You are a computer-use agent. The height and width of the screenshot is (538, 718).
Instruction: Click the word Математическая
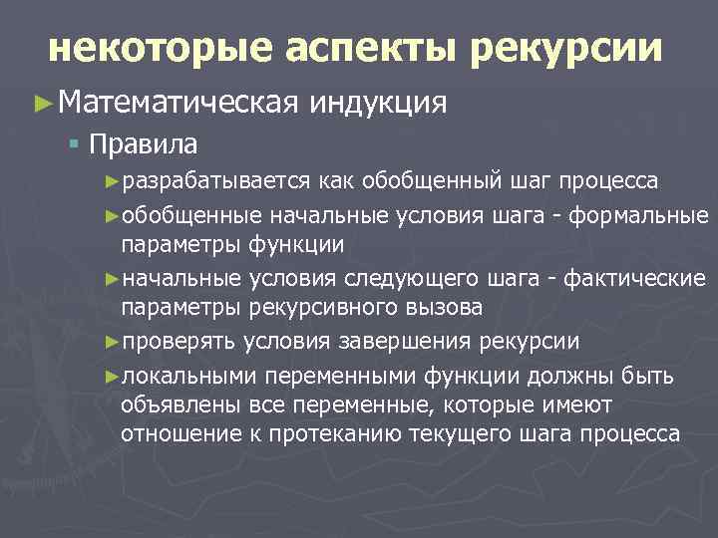coord(179,103)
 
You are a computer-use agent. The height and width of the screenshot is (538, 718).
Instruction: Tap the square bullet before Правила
coord(74,145)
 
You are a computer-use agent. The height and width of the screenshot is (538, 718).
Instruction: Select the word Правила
coord(143,145)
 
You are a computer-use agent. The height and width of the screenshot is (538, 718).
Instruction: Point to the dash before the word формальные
coord(571,215)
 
